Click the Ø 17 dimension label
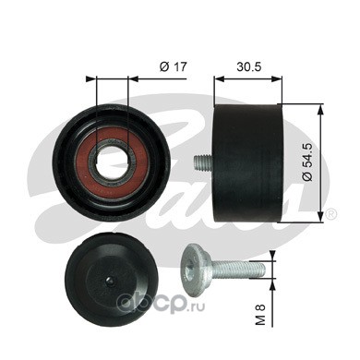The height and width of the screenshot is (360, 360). point(174,66)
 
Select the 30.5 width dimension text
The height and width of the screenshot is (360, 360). point(248,66)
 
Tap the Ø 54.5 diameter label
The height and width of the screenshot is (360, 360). point(307,162)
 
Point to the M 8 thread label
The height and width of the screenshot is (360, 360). point(260,314)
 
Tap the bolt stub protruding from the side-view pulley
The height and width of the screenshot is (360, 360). point(204,162)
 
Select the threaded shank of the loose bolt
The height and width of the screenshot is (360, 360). point(238,269)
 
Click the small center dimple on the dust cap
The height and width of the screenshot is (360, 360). point(110,281)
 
